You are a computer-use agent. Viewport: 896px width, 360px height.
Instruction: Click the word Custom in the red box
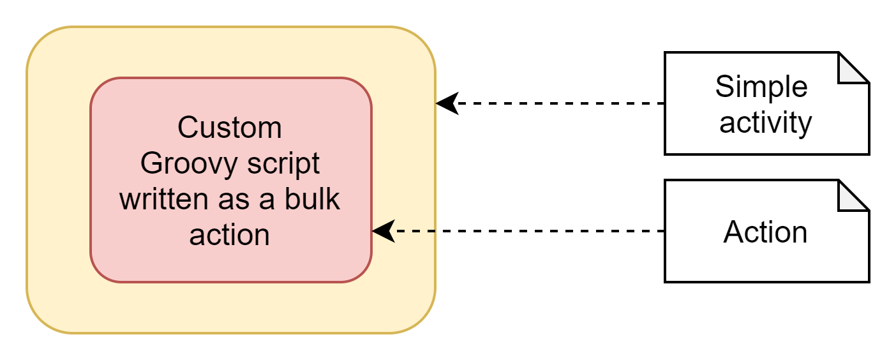[230, 128]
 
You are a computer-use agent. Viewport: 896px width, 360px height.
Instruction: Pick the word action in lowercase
[230, 235]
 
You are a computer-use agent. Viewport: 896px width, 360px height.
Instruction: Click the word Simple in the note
[761, 87]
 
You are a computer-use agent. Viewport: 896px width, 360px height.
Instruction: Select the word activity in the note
[765, 122]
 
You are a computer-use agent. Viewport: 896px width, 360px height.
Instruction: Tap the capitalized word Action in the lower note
[765, 232]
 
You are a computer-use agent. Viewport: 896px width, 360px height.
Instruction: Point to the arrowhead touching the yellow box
[447, 103]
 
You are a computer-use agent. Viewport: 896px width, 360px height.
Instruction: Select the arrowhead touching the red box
[383, 231]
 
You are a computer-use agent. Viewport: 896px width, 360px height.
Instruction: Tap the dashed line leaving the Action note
[530, 231]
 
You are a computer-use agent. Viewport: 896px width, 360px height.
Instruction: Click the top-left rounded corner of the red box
[100, 87]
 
